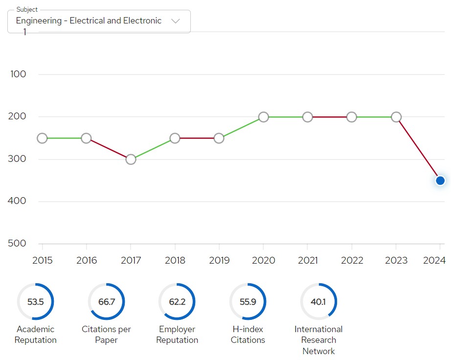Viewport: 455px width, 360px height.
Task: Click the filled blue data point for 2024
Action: (440, 180)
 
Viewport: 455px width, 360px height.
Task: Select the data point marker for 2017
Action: (131, 159)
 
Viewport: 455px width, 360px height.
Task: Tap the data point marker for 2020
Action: (264, 117)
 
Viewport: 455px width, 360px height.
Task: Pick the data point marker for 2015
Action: (42, 138)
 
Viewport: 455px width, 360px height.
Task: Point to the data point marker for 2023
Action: (396, 117)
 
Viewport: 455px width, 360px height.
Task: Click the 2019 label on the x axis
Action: (219, 260)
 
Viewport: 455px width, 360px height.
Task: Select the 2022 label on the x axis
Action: (352, 260)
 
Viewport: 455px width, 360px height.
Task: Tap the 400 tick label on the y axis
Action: (17, 201)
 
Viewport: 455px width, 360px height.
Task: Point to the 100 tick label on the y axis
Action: (18, 74)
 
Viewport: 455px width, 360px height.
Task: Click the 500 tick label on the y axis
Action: (17, 243)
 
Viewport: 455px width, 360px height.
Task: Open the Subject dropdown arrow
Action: (176, 21)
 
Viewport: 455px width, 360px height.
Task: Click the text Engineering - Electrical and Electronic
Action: (89, 21)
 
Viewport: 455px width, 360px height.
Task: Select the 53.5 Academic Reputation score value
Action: (35, 302)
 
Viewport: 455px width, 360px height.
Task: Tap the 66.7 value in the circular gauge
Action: (107, 302)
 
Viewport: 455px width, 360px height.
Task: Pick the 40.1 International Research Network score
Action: (318, 302)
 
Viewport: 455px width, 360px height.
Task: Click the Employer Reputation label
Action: (177, 335)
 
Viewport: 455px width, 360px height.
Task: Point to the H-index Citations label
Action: (248, 335)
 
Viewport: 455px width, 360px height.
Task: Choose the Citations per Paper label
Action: (106, 335)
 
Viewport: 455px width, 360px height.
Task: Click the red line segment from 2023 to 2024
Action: (418, 149)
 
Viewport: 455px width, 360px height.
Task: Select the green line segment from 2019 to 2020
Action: (241, 128)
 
